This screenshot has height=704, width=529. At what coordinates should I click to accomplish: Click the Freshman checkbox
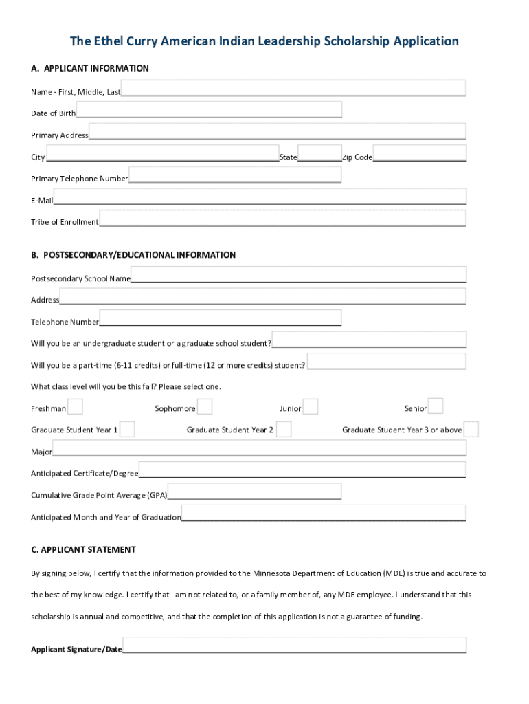pyautogui.click(x=75, y=407)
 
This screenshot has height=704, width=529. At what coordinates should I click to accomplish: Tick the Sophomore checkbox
pyautogui.click(x=205, y=407)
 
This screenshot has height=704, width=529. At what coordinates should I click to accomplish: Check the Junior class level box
pyautogui.click(x=311, y=407)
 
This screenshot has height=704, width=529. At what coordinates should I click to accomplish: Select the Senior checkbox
pyautogui.click(x=436, y=407)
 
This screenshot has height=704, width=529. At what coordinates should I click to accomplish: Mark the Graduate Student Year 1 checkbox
pyautogui.click(x=127, y=430)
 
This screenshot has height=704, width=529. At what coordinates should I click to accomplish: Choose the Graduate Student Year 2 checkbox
pyautogui.click(x=284, y=430)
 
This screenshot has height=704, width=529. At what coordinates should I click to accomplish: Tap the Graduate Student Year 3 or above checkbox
pyautogui.click(x=471, y=430)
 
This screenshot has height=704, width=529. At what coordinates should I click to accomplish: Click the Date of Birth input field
pyautogui.click(x=209, y=110)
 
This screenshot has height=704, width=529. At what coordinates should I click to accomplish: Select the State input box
pyautogui.click(x=319, y=153)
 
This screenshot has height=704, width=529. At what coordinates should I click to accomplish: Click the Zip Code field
pyautogui.click(x=420, y=153)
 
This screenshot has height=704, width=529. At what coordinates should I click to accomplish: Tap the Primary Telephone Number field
pyautogui.click(x=235, y=175)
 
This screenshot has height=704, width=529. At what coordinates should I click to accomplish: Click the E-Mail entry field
pyautogui.click(x=260, y=197)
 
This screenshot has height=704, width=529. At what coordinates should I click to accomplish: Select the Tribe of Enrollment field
pyautogui.click(x=282, y=219)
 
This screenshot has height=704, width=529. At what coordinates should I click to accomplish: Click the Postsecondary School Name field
pyautogui.click(x=298, y=275)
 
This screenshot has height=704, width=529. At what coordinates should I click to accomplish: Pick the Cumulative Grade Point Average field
pyautogui.click(x=254, y=492)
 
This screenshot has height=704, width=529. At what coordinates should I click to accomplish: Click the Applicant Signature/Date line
pyautogui.click(x=294, y=646)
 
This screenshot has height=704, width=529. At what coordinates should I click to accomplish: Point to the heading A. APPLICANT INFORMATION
pyautogui.click(x=89, y=69)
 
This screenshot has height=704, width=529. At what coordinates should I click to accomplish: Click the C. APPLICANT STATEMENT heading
pyautogui.click(x=83, y=550)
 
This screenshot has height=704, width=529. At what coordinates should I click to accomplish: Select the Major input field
pyautogui.click(x=260, y=449)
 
